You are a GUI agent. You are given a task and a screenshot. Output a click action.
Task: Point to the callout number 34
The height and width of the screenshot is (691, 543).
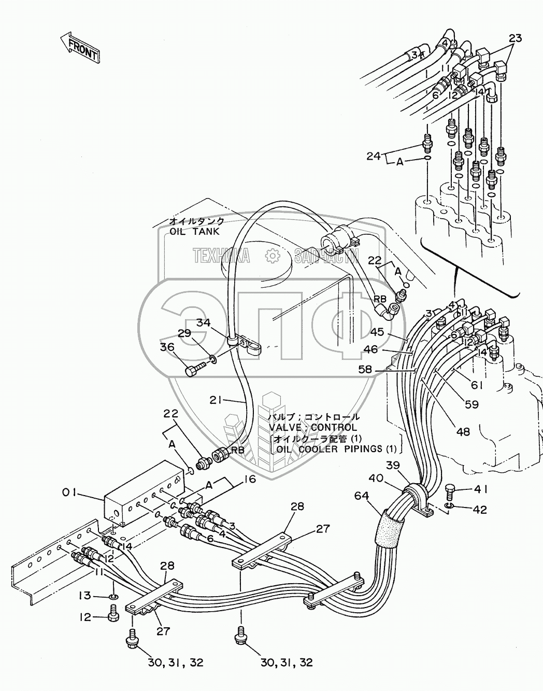(204, 323)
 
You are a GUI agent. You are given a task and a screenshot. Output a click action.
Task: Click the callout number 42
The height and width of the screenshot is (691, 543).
(479, 510)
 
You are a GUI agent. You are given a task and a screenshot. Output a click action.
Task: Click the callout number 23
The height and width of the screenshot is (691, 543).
(515, 38)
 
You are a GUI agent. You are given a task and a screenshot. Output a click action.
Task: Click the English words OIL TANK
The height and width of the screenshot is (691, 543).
(195, 232)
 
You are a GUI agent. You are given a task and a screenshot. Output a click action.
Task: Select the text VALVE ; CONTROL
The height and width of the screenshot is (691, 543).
(312, 428)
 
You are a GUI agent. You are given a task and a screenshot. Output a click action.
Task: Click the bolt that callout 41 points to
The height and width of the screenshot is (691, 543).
(450, 489)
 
